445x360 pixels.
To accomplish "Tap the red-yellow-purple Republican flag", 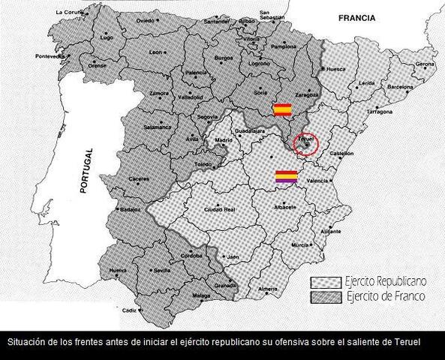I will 287,178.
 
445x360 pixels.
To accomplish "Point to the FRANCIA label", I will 356,17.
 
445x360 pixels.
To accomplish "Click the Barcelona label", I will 401,87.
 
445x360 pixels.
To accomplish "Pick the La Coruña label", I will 68,13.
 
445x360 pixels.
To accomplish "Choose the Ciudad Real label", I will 222,209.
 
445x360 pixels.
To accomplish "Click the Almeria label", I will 267,289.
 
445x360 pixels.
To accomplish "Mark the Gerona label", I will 425,64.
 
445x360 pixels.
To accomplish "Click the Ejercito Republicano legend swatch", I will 326,282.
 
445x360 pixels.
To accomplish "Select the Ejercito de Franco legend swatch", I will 326,297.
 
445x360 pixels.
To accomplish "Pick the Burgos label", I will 224,58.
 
